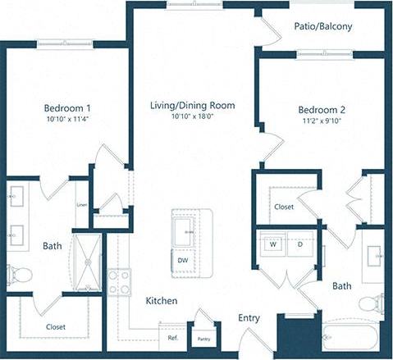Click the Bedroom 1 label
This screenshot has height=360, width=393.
[67, 107]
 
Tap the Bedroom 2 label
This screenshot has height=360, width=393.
[322, 110]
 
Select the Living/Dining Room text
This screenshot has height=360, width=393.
[192, 105]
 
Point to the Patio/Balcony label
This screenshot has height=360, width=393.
[323, 26]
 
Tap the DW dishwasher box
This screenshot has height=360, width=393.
[183, 260]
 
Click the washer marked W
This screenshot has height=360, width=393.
[270, 244]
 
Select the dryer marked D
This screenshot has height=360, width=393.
[299, 244]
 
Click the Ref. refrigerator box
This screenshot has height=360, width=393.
[173, 337]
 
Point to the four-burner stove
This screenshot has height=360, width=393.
[120, 283]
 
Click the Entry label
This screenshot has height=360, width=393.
[249, 317]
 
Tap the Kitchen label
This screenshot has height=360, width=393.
[162, 301]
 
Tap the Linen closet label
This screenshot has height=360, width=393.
[81, 205]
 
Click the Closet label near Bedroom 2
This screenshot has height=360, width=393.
[284, 207]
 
